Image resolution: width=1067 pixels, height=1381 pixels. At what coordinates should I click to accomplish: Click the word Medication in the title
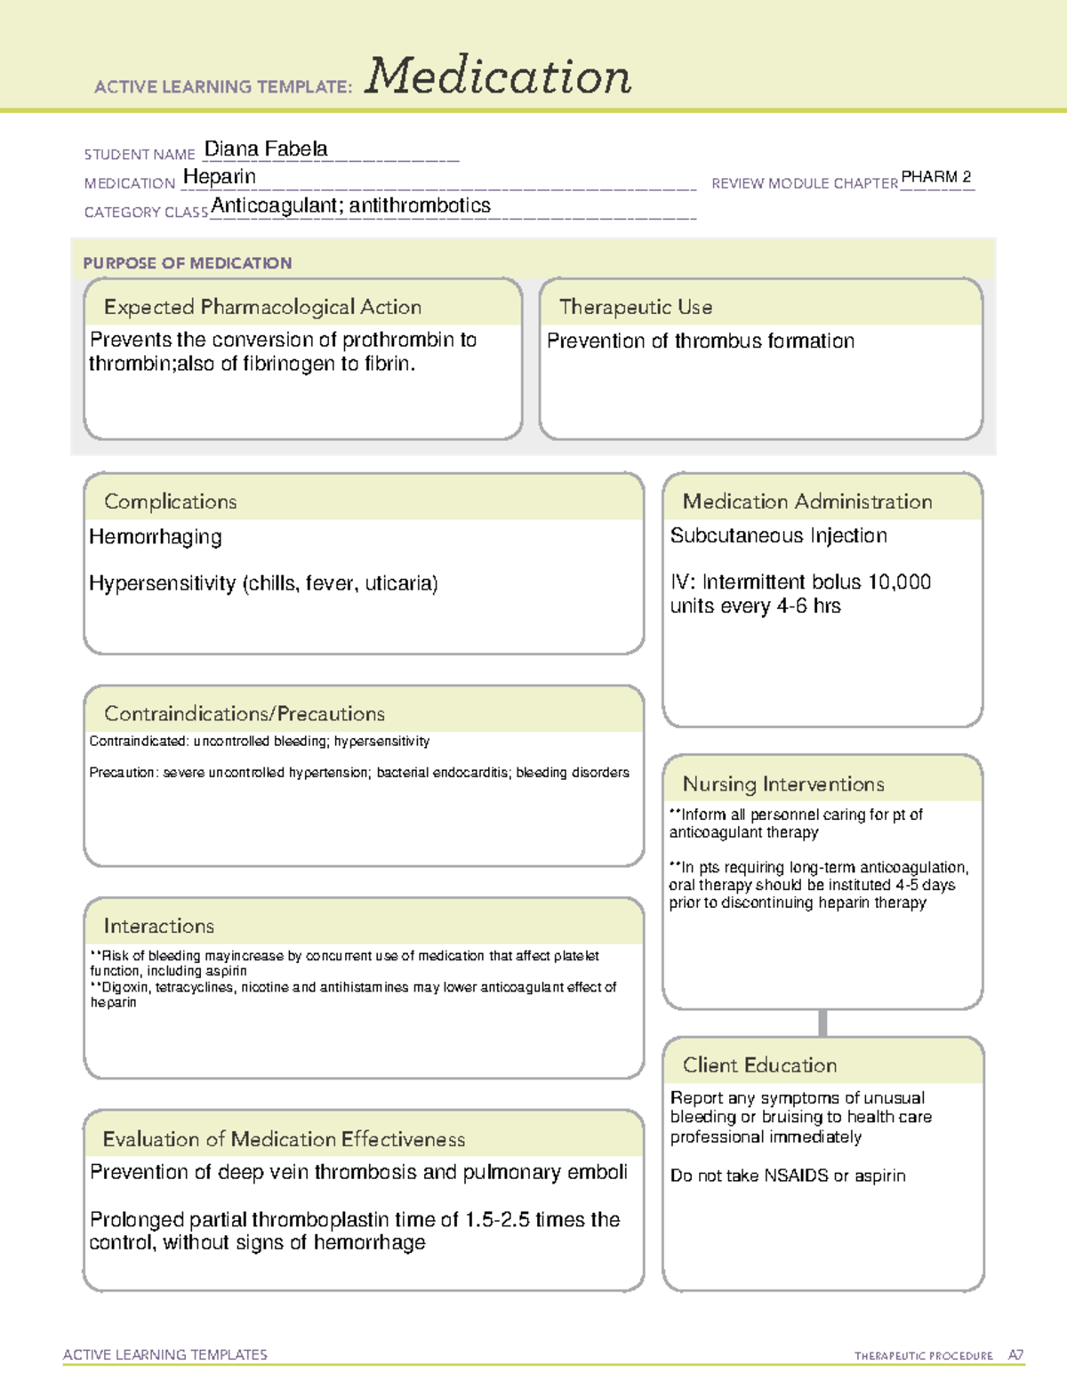click(498, 76)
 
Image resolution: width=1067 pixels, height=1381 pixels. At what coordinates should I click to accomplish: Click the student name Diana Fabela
click(266, 149)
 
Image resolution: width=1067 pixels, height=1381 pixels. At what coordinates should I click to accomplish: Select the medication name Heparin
click(220, 177)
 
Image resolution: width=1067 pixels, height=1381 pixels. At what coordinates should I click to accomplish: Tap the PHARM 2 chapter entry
click(936, 177)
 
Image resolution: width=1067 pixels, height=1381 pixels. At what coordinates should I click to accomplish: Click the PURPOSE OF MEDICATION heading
click(188, 263)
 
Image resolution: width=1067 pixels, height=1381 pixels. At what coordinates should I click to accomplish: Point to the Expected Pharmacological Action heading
click(262, 308)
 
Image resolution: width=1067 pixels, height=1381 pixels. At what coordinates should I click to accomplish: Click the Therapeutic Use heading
click(635, 308)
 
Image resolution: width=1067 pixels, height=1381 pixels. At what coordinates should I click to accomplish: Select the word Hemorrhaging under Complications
click(156, 537)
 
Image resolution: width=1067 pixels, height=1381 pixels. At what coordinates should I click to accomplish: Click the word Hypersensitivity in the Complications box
click(162, 583)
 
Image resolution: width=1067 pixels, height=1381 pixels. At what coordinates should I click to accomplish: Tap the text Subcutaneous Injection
click(778, 536)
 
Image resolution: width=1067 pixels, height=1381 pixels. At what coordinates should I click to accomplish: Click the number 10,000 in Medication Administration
click(899, 582)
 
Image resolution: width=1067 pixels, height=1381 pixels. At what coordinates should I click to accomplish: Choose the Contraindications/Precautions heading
click(245, 714)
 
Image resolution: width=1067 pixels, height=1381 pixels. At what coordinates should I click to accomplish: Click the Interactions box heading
click(159, 927)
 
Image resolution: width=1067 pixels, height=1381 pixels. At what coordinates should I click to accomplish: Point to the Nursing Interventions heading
click(783, 784)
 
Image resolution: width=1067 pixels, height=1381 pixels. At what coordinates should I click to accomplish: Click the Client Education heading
click(759, 1065)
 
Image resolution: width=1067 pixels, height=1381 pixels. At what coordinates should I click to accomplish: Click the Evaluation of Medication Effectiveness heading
click(284, 1140)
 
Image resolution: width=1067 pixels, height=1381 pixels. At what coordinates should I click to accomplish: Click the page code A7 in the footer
click(1015, 1355)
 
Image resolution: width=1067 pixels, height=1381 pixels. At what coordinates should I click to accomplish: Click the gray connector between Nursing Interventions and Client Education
click(822, 1023)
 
